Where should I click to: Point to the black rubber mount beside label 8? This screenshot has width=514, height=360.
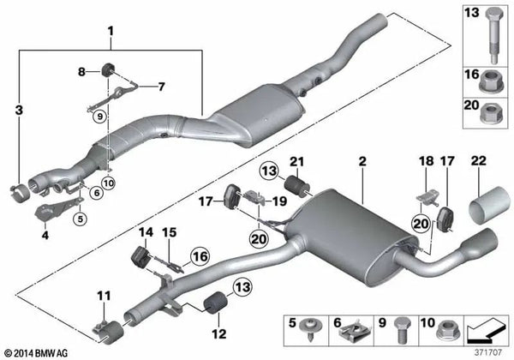pyautogui.click(x=110, y=69)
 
